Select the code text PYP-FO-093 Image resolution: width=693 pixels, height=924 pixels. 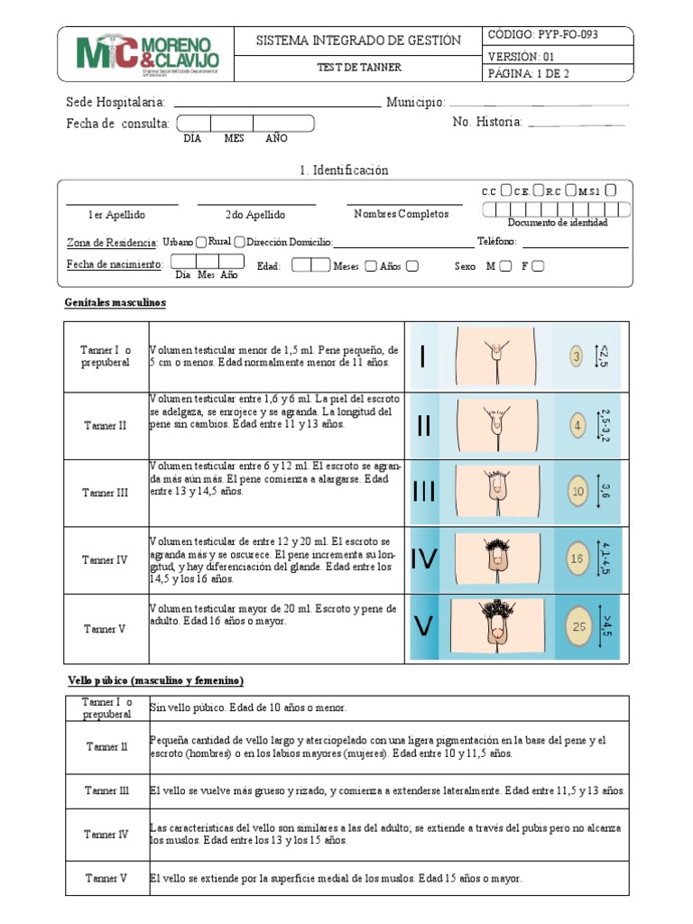pos(568,35)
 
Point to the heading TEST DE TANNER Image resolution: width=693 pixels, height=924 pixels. pos(359,67)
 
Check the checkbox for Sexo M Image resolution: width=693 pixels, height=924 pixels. pos(505,266)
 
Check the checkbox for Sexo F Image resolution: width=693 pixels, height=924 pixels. pos(539,266)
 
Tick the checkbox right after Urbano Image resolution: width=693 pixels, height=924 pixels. pos(200,242)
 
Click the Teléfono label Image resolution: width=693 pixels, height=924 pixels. pos(495,242)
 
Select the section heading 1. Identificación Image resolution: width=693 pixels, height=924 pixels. pos(343,170)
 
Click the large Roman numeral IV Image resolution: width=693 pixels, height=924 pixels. pos(425,559)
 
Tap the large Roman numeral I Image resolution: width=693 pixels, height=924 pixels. pos(424,358)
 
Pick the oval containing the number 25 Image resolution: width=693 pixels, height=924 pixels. pos(577,626)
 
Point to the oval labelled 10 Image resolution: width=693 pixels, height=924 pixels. pos(577,493)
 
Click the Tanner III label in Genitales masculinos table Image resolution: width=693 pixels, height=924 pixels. pos(105,493)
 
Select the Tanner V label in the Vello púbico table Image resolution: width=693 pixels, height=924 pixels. pos(106,877)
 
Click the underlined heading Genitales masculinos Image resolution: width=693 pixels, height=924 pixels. pos(115,303)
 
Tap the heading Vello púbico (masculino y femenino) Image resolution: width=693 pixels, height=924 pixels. pos(155,680)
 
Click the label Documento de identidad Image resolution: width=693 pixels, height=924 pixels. pos(558,223)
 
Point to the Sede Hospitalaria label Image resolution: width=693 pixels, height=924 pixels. pos(115,102)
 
